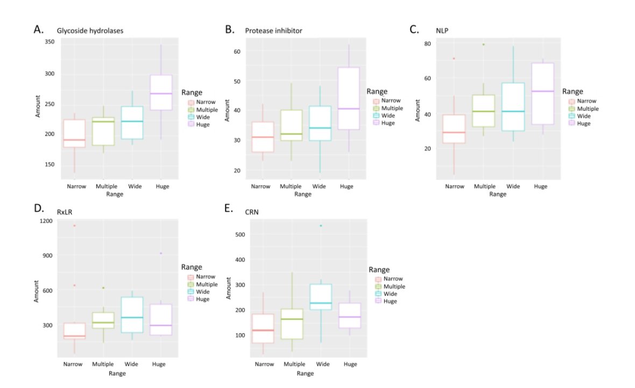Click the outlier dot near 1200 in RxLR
(74, 226)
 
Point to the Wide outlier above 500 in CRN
(321, 226)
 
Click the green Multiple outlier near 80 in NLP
(484, 45)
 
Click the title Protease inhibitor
(273, 31)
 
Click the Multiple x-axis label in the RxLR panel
(103, 364)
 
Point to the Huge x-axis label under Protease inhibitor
(347, 186)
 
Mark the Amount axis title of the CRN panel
(228, 289)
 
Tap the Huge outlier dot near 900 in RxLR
(161, 253)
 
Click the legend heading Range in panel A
(192, 92)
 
